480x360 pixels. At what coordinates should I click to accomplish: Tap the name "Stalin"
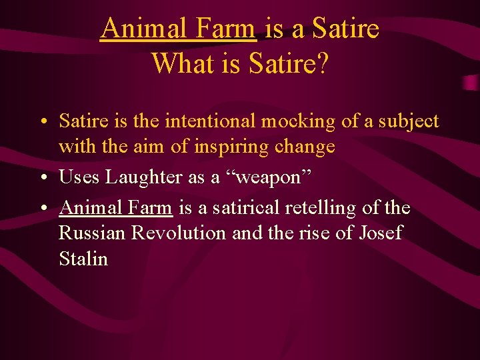83,259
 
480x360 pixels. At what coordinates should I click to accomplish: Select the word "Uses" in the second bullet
78,177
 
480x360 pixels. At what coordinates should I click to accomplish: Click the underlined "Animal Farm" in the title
178,29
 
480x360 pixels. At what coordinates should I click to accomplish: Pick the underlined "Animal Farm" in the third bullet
116,208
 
